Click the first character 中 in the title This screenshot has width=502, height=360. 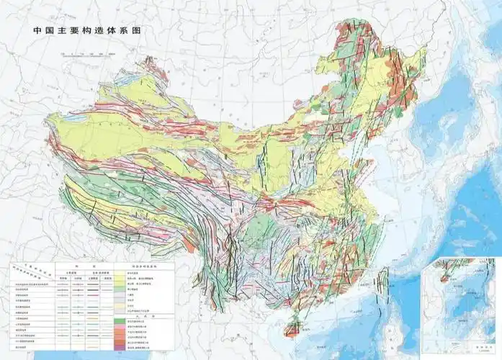(37, 32)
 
